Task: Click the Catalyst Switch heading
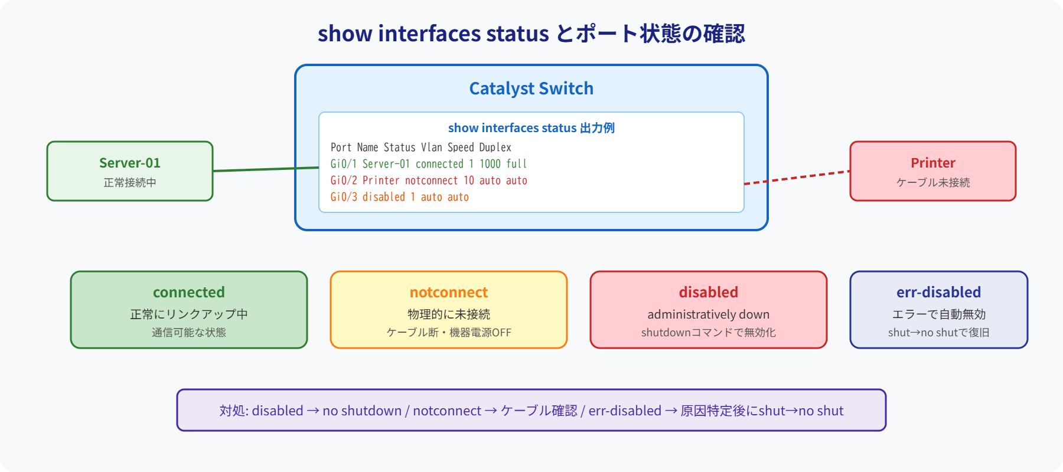pyautogui.click(x=531, y=88)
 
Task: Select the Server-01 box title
pyautogui.click(x=130, y=163)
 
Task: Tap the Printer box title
pyautogui.click(x=932, y=163)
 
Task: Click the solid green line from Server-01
pyautogui.click(x=266, y=169)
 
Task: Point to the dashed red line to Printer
pyautogui.click(x=797, y=178)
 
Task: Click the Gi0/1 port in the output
pyautogui.click(x=343, y=164)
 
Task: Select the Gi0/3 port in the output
pyautogui.click(x=343, y=197)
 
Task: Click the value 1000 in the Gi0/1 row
pyautogui.click(x=490, y=164)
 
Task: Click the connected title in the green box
pyautogui.click(x=189, y=293)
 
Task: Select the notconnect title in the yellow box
pyautogui.click(x=449, y=293)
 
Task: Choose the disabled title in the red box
pyautogui.click(x=708, y=293)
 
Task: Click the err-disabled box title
pyautogui.click(x=938, y=293)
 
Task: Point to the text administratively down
pyautogui.click(x=708, y=314)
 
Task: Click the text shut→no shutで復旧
pyautogui.click(x=938, y=333)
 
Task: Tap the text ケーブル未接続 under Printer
pyautogui.click(x=932, y=183)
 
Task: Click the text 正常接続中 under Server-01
pyautogui.click(x=130, y=183)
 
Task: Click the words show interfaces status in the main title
pyautogui.click(x=433, y=34)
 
